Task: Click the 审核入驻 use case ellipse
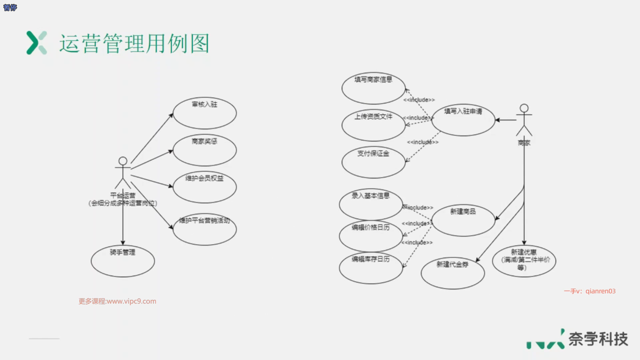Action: pos(205,114)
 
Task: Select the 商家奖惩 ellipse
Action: pos(205,151)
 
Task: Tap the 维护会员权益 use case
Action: pos(205,187)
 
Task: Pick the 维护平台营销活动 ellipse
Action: pos(205,230)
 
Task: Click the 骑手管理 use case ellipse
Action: pos(123,261)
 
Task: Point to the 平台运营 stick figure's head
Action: pos(123,161)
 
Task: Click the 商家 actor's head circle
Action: pos(524,108)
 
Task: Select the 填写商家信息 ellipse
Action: pos(373,89)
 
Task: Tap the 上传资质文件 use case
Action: pos(373,125)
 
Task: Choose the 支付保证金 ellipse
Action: pos(373,163)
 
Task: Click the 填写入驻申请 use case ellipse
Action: pos(463,120)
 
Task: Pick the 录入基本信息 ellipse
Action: pos(371,204)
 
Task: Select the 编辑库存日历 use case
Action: pos(371,268)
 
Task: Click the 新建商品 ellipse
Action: pos(463,220)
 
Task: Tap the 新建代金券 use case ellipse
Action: pos(453,273)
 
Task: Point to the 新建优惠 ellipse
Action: pos(524,261)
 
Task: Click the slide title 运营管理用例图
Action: pos(134,43)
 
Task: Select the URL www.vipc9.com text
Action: pos(131,301)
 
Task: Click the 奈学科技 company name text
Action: pos(598,339)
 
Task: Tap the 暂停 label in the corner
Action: pos(10,7)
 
